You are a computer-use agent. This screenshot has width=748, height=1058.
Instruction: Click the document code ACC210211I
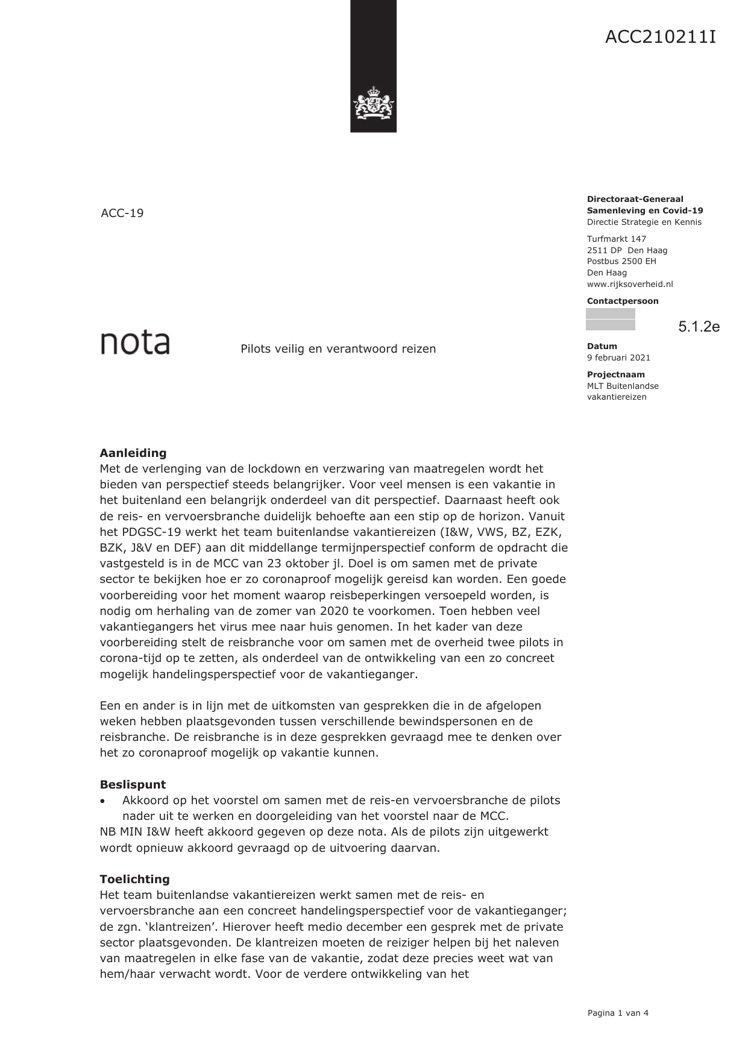[660, 37]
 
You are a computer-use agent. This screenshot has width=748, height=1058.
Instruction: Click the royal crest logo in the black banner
[373, 104]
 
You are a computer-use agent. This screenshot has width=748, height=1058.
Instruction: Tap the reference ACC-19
[122, 213]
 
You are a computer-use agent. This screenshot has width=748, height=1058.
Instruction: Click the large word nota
[135, 342]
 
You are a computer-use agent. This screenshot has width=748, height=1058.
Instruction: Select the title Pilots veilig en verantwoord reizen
[338, 349]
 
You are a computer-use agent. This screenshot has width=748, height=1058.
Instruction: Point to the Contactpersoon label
[622, 301]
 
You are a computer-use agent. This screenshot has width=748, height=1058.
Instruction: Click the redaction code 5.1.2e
[699, 327]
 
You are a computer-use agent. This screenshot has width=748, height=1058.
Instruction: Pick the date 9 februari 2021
[618, 357]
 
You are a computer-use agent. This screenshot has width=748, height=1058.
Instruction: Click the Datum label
[602, 346]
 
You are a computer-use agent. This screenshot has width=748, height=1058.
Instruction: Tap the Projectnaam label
[615, 374]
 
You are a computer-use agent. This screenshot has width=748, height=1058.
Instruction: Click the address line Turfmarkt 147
[616, 239]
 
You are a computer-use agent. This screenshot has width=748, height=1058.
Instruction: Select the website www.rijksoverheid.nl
[629, 284]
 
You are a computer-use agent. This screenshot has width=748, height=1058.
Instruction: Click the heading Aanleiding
[133, 453]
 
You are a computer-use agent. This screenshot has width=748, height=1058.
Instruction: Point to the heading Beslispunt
[133, 784]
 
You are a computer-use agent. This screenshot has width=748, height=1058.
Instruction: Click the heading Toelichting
[134, 879]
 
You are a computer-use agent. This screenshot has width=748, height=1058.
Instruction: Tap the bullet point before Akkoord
[104, 801]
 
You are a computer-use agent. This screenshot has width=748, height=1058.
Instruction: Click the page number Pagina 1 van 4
[617, 1013]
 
